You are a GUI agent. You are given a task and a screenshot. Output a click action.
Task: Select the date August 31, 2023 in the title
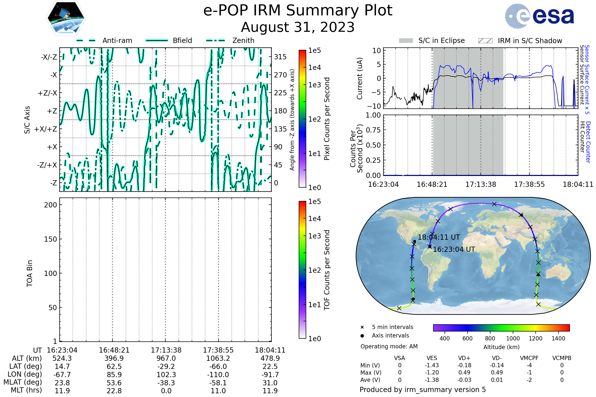pos(298,27)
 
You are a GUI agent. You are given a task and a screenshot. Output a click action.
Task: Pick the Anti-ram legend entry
pos(117,40)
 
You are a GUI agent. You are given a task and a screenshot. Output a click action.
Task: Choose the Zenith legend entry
pos(243,40)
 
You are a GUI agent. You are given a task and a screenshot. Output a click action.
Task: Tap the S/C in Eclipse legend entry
pos(441,40)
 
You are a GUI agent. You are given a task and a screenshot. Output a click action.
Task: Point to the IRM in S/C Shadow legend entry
pos(530,41)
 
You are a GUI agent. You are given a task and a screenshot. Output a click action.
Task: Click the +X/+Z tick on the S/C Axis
pos(46,129)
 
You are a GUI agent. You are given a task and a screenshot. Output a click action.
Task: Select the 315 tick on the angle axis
pos(280,57)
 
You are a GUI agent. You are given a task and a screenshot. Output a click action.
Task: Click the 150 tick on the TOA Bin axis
pos(50,239)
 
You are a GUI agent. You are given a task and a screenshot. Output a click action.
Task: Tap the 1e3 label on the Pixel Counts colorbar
pos(314,85)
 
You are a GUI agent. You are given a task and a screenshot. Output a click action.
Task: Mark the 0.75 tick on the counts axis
pos(373,130)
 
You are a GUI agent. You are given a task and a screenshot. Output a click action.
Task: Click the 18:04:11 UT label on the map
pos(439,237)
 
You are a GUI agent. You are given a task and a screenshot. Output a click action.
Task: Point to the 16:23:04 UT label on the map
pos(454,249)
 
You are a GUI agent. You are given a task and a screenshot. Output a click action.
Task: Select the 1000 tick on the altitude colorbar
pos(513,338)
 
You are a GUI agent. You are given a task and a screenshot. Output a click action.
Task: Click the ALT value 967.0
pos(166,358)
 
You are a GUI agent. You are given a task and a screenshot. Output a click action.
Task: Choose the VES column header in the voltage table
pos(432,358)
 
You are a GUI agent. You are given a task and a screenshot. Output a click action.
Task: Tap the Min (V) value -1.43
pos(432,365)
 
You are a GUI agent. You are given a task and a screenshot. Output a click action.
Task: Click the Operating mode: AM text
pos(389,346)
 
